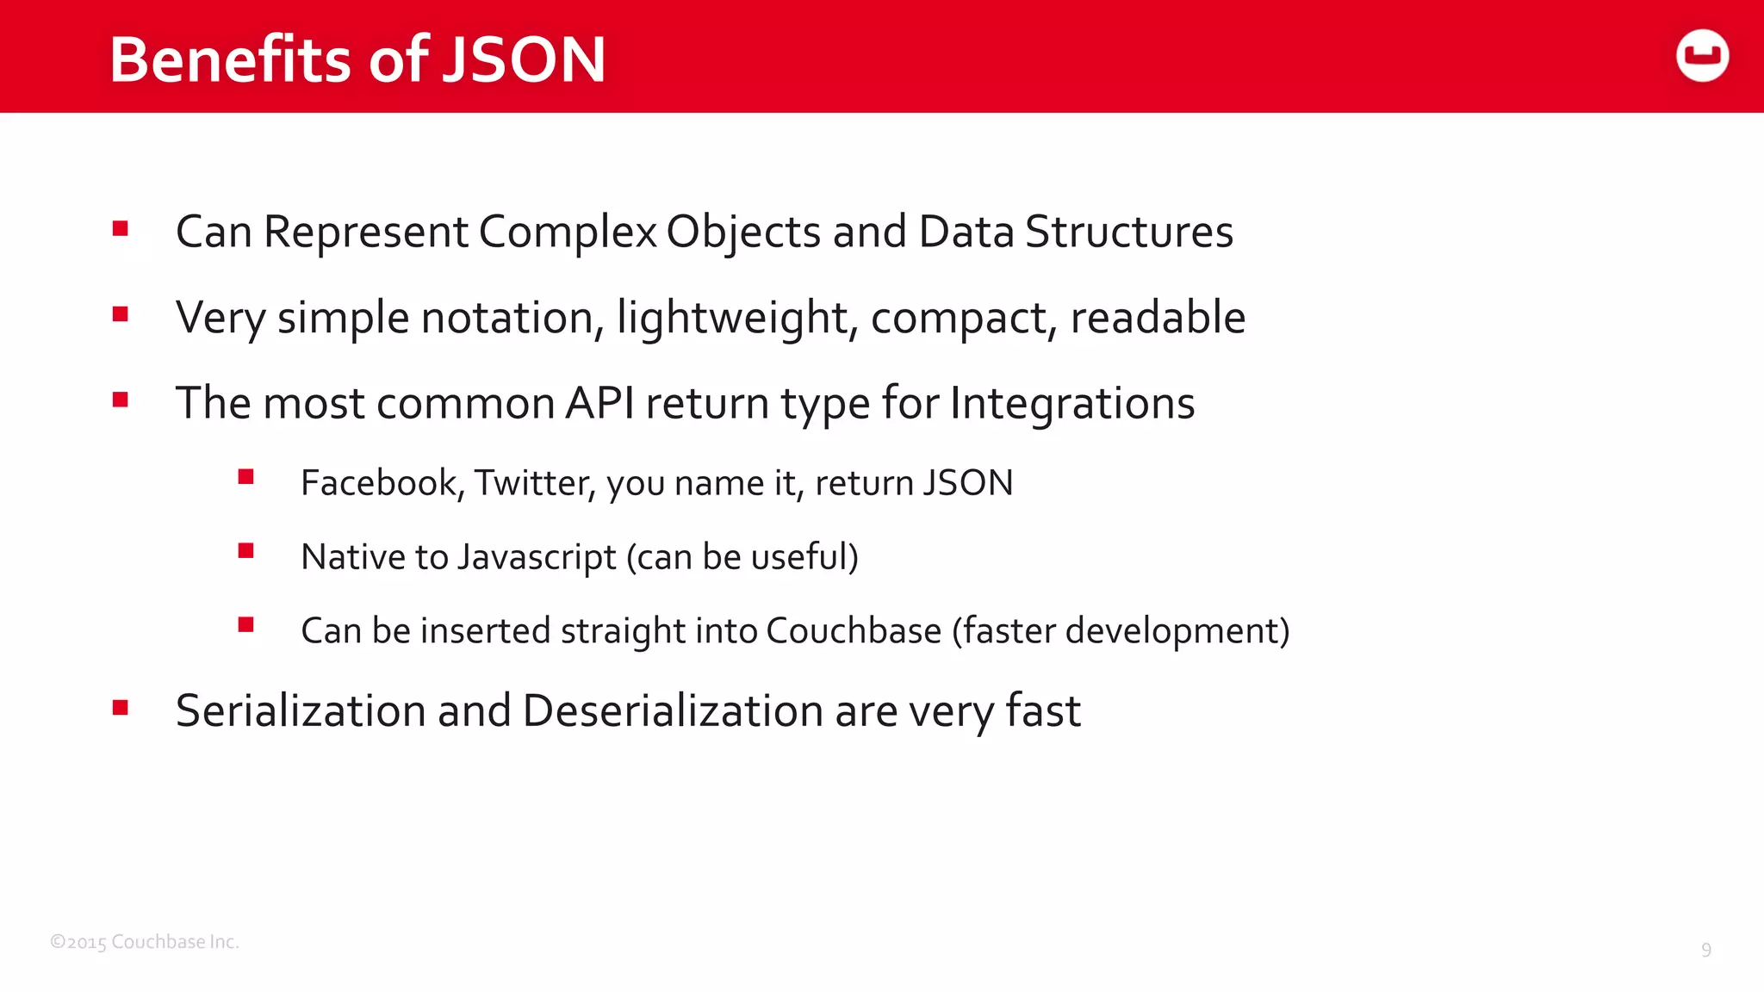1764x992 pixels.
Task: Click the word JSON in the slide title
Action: (x=524, y=59)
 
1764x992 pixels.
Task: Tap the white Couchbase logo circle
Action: (x=1702, y=56)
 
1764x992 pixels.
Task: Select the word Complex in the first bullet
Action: (x=568, y=232)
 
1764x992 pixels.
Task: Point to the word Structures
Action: (x=1128, y=232)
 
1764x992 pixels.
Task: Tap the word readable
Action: (x=1158, y=317)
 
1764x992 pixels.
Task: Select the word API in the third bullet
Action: (x=599, y=403)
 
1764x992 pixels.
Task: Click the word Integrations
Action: (x=1072, y=404)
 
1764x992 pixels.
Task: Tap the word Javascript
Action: (x=537, y=557)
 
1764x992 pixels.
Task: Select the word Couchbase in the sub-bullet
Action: (x=854, y=631)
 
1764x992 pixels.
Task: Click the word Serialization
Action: (x=301, y=710)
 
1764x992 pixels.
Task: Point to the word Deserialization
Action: (x=673, y=710)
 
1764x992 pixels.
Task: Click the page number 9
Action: (x=1705, y=950)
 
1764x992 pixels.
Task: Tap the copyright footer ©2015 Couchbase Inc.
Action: (x=144, y=942)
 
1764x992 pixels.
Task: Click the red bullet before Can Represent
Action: (x=121, y=229)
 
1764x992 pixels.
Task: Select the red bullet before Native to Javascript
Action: (x=246, y=551)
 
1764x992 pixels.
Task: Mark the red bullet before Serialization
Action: (x=121, y=708)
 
